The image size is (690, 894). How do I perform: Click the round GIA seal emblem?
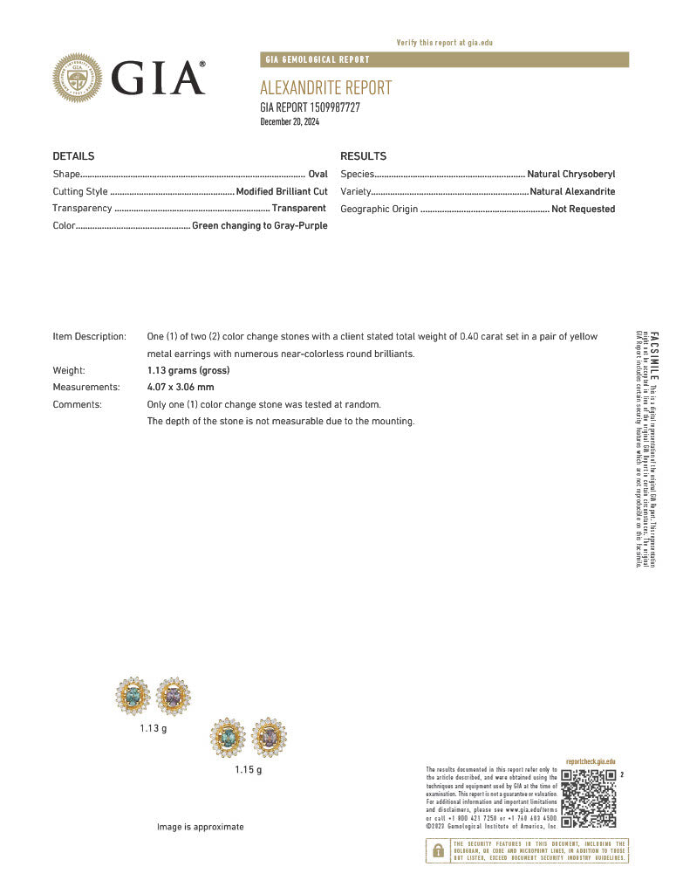click(78, 78)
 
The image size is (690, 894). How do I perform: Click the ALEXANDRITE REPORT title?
click(325, 88)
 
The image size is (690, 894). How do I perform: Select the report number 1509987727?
click(336, 107)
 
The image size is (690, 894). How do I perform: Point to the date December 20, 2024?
click(290, 121)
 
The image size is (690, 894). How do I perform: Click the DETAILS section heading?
click(73, 156)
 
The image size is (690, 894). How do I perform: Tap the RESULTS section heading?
click(363, 156)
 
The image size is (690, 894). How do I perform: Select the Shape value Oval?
click(318, 175)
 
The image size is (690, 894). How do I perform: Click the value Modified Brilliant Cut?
click(282, 191)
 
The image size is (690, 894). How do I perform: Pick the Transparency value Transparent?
click(298, 209)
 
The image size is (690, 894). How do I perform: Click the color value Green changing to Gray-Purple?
click(260, 226)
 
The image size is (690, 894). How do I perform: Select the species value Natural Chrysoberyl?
click(570, 175)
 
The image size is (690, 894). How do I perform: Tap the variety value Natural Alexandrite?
click(572, 191)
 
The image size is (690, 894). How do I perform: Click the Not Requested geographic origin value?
click(583, 209)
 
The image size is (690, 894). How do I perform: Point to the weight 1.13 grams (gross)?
click(188, 370)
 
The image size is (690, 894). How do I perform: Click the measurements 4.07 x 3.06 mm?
click(181, 387)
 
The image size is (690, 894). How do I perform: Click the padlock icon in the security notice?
click(437, 850)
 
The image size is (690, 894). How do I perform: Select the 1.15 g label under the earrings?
click(248, 770)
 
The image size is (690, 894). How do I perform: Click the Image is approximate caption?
click(201, 827)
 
